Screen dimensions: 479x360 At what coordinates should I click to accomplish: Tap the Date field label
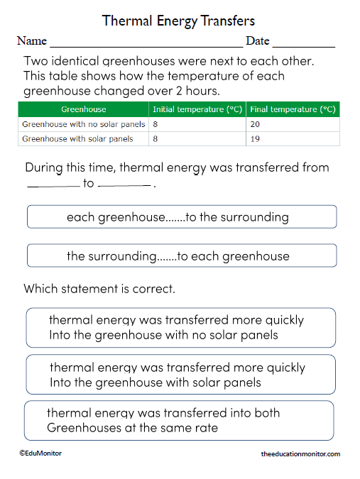point(258,41)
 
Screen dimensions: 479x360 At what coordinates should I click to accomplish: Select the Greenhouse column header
point(84,109)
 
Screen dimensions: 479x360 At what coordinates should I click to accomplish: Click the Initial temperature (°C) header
point(197,109)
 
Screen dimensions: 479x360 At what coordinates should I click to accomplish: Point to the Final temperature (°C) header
point(293,109)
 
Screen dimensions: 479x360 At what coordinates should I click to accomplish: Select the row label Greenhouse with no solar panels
point(84,124)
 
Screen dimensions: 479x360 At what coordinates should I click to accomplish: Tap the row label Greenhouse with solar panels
point(78,139)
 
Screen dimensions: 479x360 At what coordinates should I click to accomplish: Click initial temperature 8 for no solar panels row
point(156,124)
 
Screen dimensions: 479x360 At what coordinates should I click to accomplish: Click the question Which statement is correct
point(99,289)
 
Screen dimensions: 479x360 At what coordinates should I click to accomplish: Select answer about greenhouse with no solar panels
point(180,327)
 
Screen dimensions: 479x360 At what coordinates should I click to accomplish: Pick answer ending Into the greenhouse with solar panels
point(180,375)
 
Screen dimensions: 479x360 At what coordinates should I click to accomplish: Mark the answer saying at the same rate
point(178,420)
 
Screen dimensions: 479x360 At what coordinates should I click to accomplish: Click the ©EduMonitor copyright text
point(41,453)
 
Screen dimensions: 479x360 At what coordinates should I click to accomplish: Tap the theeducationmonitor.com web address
point(300,453)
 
